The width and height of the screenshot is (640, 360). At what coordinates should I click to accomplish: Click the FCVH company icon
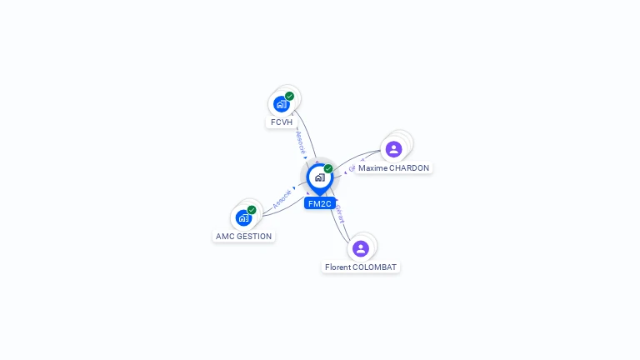(x=281, y=104)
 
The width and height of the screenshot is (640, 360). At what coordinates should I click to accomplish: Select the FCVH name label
(x=282, y=122)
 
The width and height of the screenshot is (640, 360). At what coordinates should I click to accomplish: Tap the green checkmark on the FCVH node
(x=289, y=96)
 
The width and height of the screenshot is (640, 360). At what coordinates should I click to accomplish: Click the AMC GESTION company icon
(x=243, y=217)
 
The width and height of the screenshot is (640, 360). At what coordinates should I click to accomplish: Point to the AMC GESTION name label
(x=243, y=236)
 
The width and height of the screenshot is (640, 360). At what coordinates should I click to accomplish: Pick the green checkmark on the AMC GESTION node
(x=252, y=210)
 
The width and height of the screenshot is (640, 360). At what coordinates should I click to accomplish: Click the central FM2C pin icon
(x=319, y=177)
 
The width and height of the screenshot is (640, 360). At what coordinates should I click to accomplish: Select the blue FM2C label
(x=319, y=203)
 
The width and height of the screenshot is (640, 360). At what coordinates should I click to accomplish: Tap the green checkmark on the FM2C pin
(x=328, y=168)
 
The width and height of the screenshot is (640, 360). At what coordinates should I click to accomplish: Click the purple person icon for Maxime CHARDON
(x=394, y=149)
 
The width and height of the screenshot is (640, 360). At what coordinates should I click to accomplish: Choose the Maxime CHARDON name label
(x=393, y=167)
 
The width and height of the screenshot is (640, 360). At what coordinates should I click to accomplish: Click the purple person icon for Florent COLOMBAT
(x=361, y=248)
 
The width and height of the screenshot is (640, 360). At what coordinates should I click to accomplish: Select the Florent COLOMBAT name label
(x=361, y=267)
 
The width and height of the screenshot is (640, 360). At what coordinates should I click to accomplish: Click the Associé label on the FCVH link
(x=301, y=142)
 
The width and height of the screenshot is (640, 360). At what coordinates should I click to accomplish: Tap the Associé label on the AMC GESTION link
(x=282, y=198)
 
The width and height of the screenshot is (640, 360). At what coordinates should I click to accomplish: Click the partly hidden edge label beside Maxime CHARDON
(x=352, y=168)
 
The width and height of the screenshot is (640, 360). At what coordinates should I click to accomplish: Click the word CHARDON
(x=409, y=167)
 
